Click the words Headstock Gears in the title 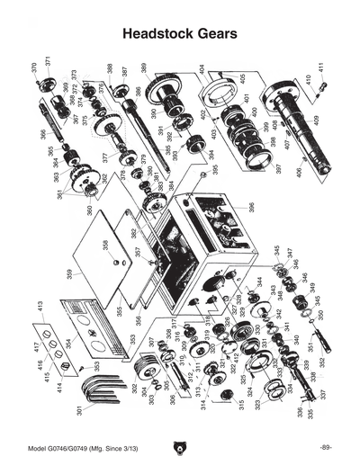(179, 33)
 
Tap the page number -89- (326, 447)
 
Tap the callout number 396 (251, 207)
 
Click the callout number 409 (315, 119)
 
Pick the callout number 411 (320, 67)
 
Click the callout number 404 (202, 68)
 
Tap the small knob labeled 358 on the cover (115, 262)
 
